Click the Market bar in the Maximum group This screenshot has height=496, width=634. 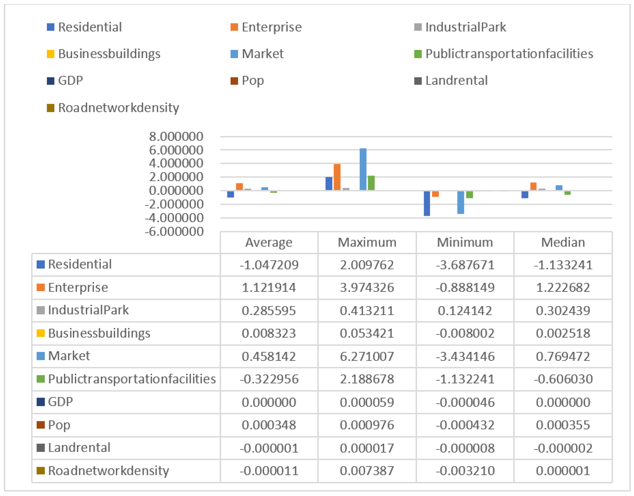(x=363, y=169)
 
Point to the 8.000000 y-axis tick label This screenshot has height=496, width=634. (x=176, y=137)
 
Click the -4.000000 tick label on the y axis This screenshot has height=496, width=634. (x=174, y=218)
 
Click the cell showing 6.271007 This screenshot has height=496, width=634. (x=367, y=356)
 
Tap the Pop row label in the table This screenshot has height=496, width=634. (x=59, y=425)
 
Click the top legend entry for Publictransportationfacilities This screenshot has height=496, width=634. (x=509, y=54)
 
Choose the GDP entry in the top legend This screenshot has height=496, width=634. (x=70, y=81)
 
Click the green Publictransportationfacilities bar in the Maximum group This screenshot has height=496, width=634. (x=371, y=183)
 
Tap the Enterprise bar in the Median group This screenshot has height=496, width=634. (x=533, y=186)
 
